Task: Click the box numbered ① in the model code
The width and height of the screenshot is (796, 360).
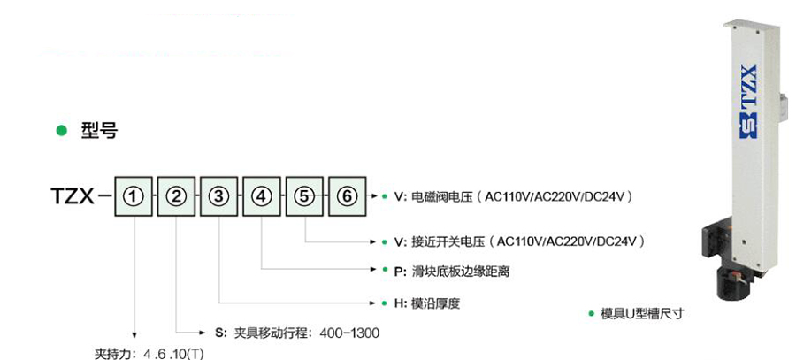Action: coord(133,196)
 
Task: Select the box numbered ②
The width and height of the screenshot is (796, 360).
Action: coord(176,196)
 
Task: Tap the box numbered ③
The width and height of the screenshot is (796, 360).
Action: coord(219,196)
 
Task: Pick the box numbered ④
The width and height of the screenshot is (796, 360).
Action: coord(263,196)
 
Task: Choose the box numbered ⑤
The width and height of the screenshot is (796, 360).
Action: coord(306,196)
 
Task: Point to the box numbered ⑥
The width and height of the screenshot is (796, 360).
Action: coord(348,196)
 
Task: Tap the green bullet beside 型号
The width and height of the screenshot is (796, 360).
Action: coord(61,131)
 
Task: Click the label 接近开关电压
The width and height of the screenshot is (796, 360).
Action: coord(447,241)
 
